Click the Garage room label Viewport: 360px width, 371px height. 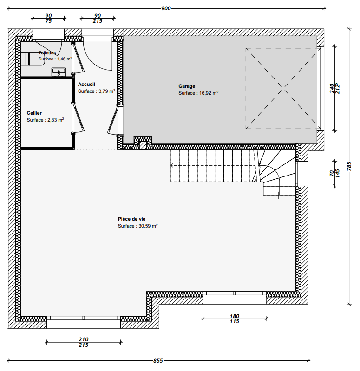[187, 86]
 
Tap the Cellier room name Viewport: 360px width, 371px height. [34, 113]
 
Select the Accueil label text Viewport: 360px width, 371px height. [86, 84]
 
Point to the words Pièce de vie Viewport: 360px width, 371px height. [131, 219]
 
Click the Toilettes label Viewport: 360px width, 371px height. [47, 53]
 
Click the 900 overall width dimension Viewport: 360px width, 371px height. [166, 8]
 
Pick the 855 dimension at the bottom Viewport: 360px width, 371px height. [158, 361]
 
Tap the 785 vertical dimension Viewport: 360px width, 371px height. [349, 166]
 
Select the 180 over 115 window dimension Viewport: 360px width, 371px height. [234, 319]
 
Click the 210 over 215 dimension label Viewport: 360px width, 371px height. [84, 342]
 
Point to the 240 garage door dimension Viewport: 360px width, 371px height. [332, 88]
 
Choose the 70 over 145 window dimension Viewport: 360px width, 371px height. [334, 173]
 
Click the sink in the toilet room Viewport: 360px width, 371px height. [59, 72]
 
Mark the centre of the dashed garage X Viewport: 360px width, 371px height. [282, 88]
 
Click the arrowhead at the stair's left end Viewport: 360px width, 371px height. [172, 165]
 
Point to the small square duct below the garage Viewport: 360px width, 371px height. [143, 145]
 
